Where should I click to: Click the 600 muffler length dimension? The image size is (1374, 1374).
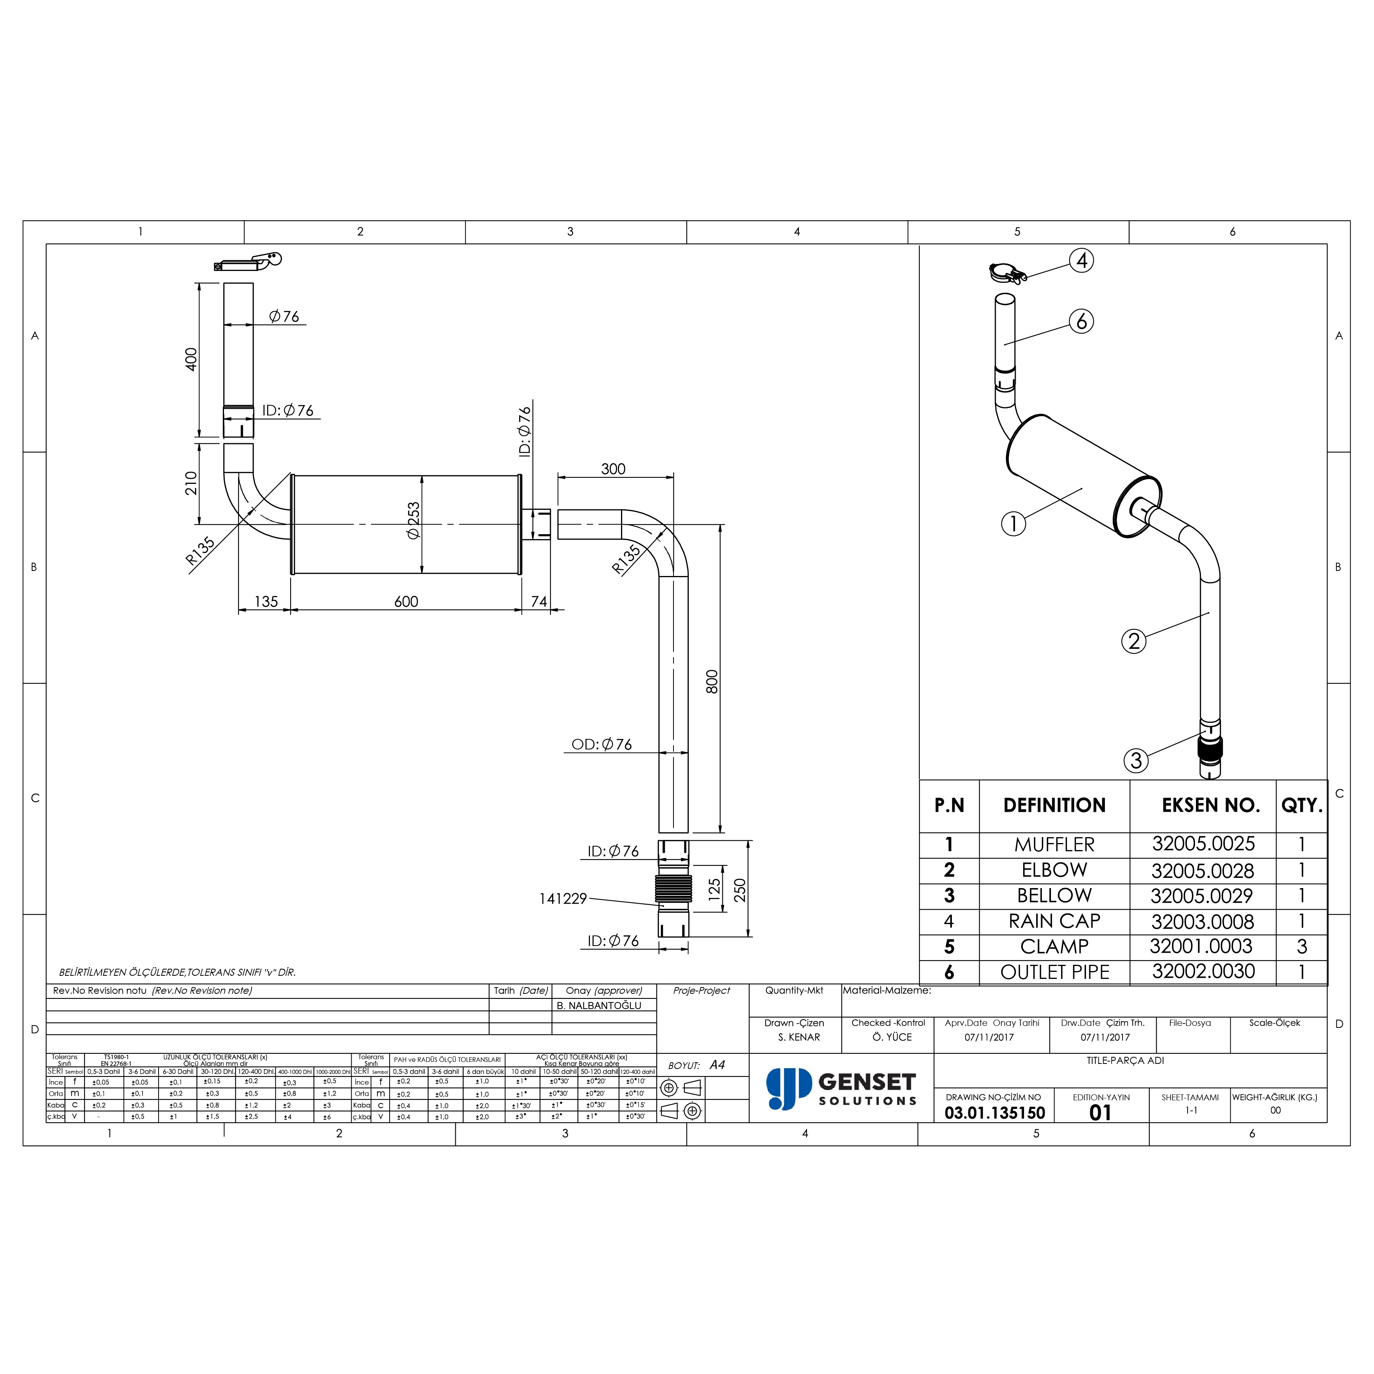[x=406, y=602]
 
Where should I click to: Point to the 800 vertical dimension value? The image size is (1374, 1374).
[x=712, y=681]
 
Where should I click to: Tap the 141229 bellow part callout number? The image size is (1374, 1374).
[x=563, y=899]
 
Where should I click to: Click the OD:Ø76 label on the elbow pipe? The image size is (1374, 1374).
[x=602, y=745]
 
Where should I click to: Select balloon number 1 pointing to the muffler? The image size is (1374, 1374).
[x=1013, y=524]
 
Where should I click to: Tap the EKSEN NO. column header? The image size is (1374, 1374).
[x=1210, y=806]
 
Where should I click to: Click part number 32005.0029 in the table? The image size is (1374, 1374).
[x=1202, y=896]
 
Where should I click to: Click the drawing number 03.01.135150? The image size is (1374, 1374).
[x=994, y=1113]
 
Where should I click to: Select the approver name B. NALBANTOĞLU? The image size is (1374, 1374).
[x=599, y=1006]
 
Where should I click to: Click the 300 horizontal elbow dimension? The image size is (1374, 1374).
[x=613, y=469]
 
